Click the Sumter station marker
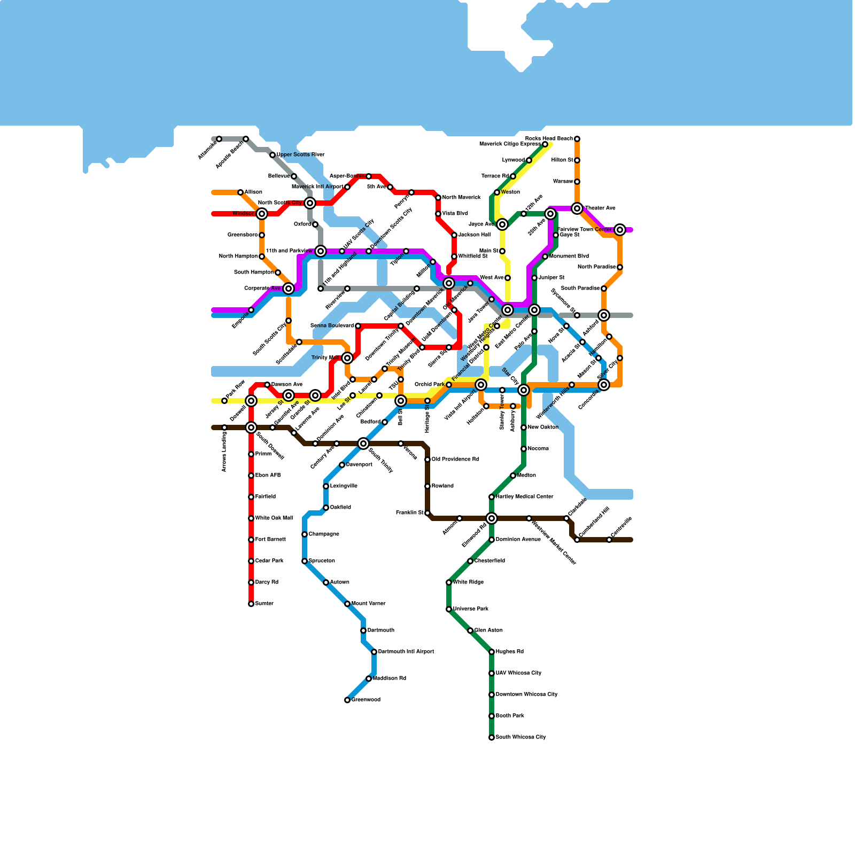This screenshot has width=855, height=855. click(251, 604)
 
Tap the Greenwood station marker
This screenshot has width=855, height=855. click(347, 700)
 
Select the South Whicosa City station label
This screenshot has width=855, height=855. click(520, 737)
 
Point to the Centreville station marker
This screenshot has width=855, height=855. click(609, 540)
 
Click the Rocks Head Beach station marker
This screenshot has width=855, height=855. click(577, 139)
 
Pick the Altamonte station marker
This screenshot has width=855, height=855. click(219, 139)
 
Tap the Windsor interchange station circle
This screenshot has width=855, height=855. click(262, 214)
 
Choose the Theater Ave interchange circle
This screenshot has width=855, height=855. click(577, 208)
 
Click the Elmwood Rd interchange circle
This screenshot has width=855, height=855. click(492, 518)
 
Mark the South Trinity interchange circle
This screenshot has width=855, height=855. click(363, 444)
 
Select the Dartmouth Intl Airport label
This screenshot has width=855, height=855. click(406, 652)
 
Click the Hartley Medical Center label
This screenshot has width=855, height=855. click(524, 497)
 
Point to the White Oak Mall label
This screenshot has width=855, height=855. click(274, 518)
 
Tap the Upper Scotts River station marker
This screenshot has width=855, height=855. click(273, 155)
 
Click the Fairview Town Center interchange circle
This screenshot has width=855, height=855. click(620, 230)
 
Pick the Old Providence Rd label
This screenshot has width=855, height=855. click(455, 460)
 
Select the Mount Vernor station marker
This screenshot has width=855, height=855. click(347, 604)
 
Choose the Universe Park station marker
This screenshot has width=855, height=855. click(449, 609)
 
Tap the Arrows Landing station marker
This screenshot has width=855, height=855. click(224, 428)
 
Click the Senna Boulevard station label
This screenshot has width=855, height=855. click(332, 326)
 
